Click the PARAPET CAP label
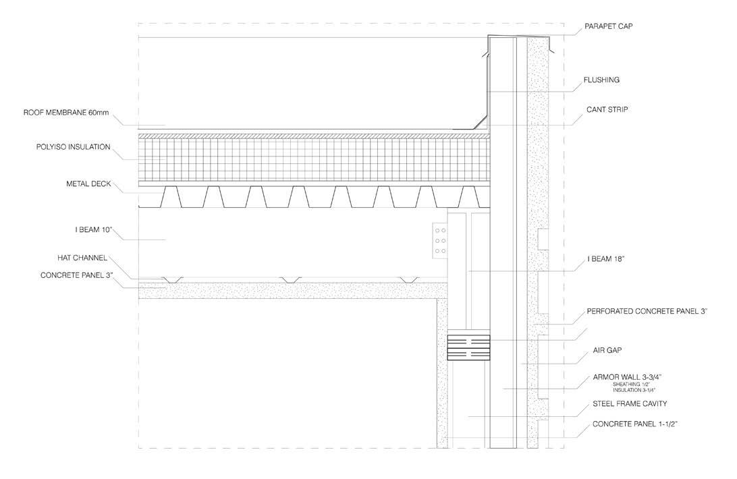click(607, 27)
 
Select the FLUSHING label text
click(601, 80)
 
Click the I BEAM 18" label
click(603, 259)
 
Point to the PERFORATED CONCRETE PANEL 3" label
click(647, 312)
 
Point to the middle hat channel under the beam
click(291, 278)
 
